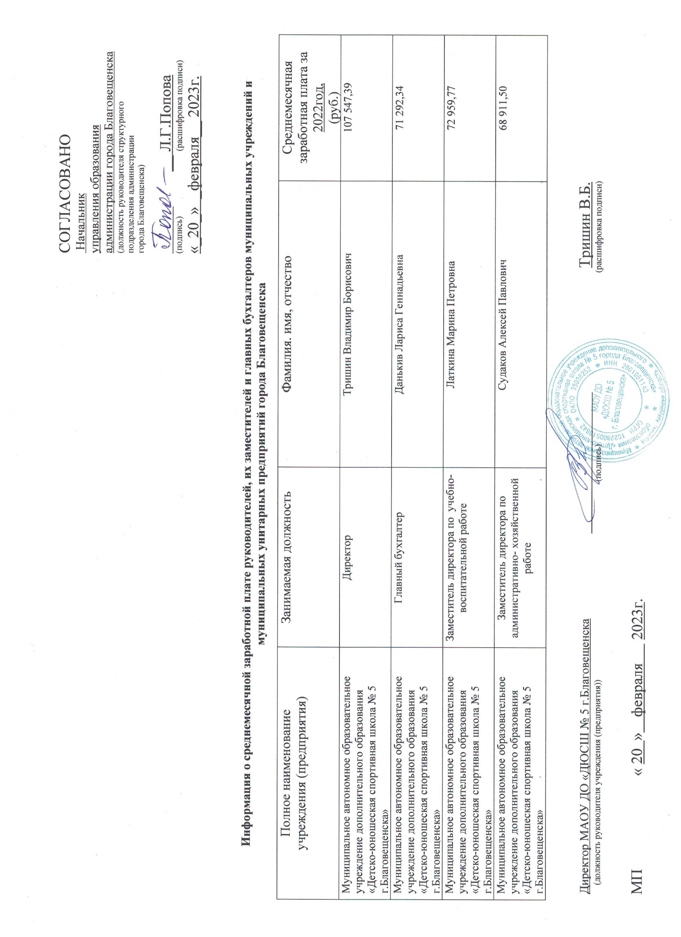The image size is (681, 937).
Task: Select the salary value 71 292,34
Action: click(400, 108)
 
